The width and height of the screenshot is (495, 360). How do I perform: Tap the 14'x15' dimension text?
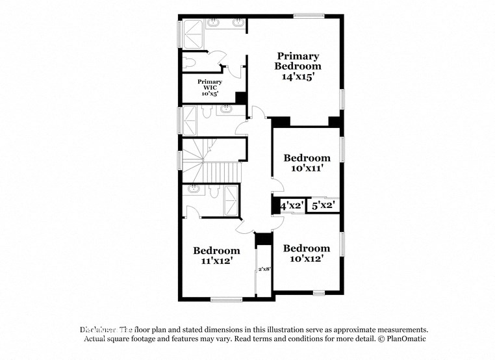[x=298, y=76]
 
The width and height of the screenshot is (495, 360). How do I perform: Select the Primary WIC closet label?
[x=210, y=84]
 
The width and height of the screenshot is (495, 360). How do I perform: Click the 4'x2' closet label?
[x=292, y=205]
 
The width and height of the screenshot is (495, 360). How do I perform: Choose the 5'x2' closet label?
[x=323, y=205]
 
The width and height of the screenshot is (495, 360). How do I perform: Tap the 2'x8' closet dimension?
[x=264, y=269]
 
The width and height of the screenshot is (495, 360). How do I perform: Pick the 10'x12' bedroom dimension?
[x=307, y=259]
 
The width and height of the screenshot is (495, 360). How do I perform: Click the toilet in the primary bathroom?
[x=189, y=62]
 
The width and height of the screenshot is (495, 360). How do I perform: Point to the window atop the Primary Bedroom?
[x=309, y=16]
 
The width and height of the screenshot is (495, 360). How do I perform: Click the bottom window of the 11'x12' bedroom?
[x=226, y=300]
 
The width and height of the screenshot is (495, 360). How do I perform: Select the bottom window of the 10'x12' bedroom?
[x=318, y=293]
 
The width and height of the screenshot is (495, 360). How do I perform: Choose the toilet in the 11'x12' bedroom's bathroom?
[x=193, y=190]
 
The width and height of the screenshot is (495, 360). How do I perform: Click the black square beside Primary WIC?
[x=240, y=97]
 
